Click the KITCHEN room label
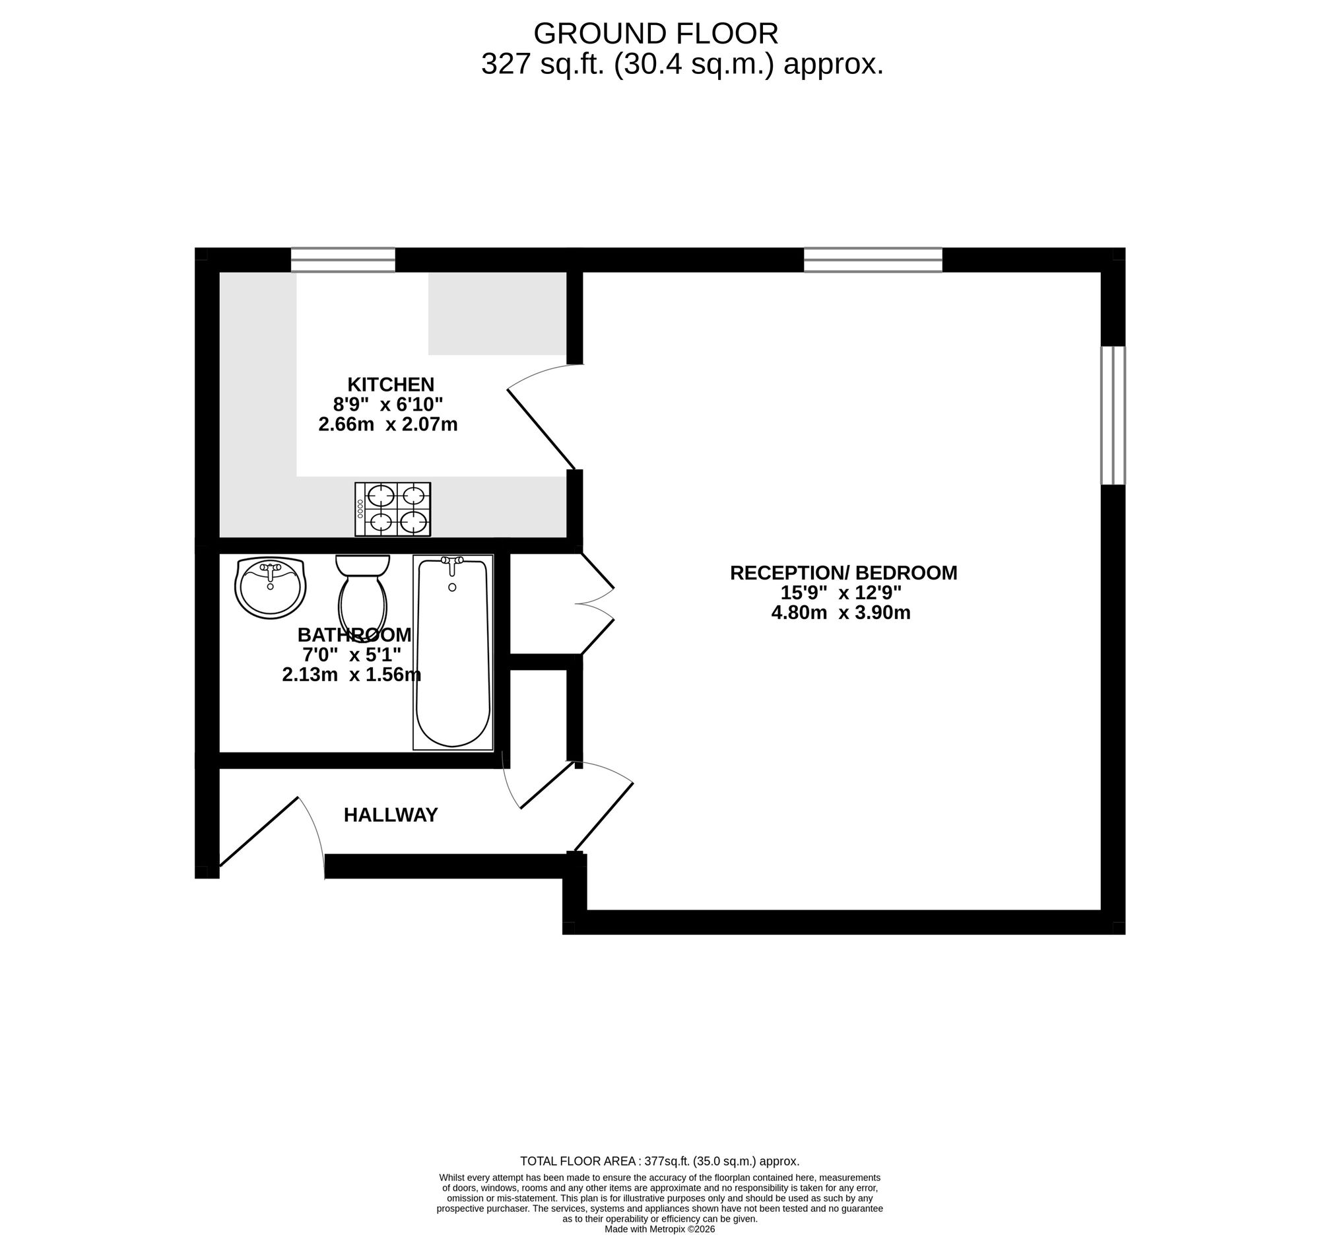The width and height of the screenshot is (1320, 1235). point(391,384)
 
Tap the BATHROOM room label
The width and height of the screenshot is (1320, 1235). point(354,635)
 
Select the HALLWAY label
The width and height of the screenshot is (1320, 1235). point(391,815)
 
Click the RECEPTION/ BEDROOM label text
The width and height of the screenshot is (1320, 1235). point(843,572)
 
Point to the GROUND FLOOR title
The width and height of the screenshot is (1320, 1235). point(655,34)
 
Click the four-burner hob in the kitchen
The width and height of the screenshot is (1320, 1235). point(393,510)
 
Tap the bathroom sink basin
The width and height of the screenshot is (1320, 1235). point(270,587)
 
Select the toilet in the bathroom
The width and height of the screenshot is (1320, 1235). point(362,597)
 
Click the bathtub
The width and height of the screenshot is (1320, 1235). point(453,653)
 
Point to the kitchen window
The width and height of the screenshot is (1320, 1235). point(343,260)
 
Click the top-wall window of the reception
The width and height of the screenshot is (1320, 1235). point(873,260)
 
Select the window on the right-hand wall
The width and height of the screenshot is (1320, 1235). point(1113,416)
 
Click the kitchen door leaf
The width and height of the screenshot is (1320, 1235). point(541,429)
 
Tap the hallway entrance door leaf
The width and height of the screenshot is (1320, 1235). point(259,831)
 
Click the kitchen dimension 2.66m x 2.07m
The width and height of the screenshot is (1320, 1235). point(388,424)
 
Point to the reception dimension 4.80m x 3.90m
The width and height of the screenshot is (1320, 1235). point(841,612)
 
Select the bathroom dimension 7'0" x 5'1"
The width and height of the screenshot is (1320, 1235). point(352,655)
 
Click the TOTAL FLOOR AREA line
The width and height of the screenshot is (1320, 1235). point(659,1161)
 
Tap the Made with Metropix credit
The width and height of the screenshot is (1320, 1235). point(659,1229)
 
